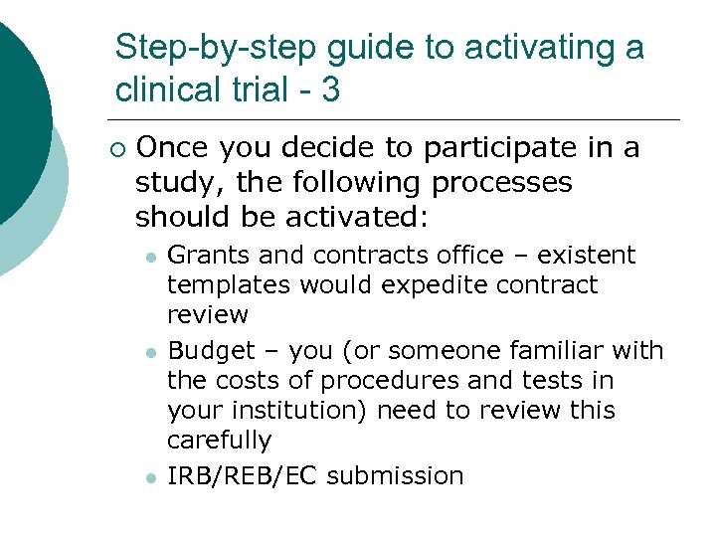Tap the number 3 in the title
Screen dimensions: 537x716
point(330,90)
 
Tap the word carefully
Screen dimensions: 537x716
point(219,441)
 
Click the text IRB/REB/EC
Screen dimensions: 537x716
point(243,476)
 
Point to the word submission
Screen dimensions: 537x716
point(395,476)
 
